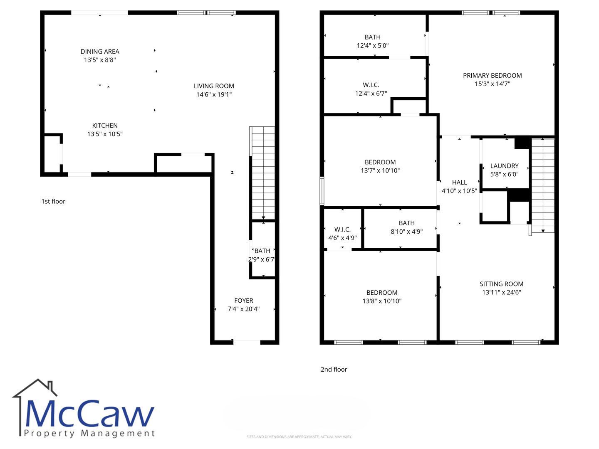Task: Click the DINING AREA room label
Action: (100, 52)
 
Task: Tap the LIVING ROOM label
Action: (214, 86)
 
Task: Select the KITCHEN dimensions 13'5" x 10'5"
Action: (105, 134)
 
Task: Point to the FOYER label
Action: (243, 301)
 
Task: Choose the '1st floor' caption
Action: (53, 201)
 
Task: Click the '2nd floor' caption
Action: (334, 369)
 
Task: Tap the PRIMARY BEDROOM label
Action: (492, 76)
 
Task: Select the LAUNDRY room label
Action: (504, 166)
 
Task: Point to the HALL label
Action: (459, 183)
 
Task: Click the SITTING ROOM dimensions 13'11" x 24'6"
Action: (502, 292)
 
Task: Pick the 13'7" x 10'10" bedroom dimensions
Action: (380, 170)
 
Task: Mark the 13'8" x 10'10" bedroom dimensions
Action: (382, 301)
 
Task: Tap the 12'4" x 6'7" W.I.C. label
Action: (371, 89)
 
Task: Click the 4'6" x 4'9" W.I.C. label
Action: (342, 234)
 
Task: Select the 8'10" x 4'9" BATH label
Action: (406, 227)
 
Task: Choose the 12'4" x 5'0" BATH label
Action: (372, 41)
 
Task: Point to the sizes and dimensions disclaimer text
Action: (299, 437)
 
